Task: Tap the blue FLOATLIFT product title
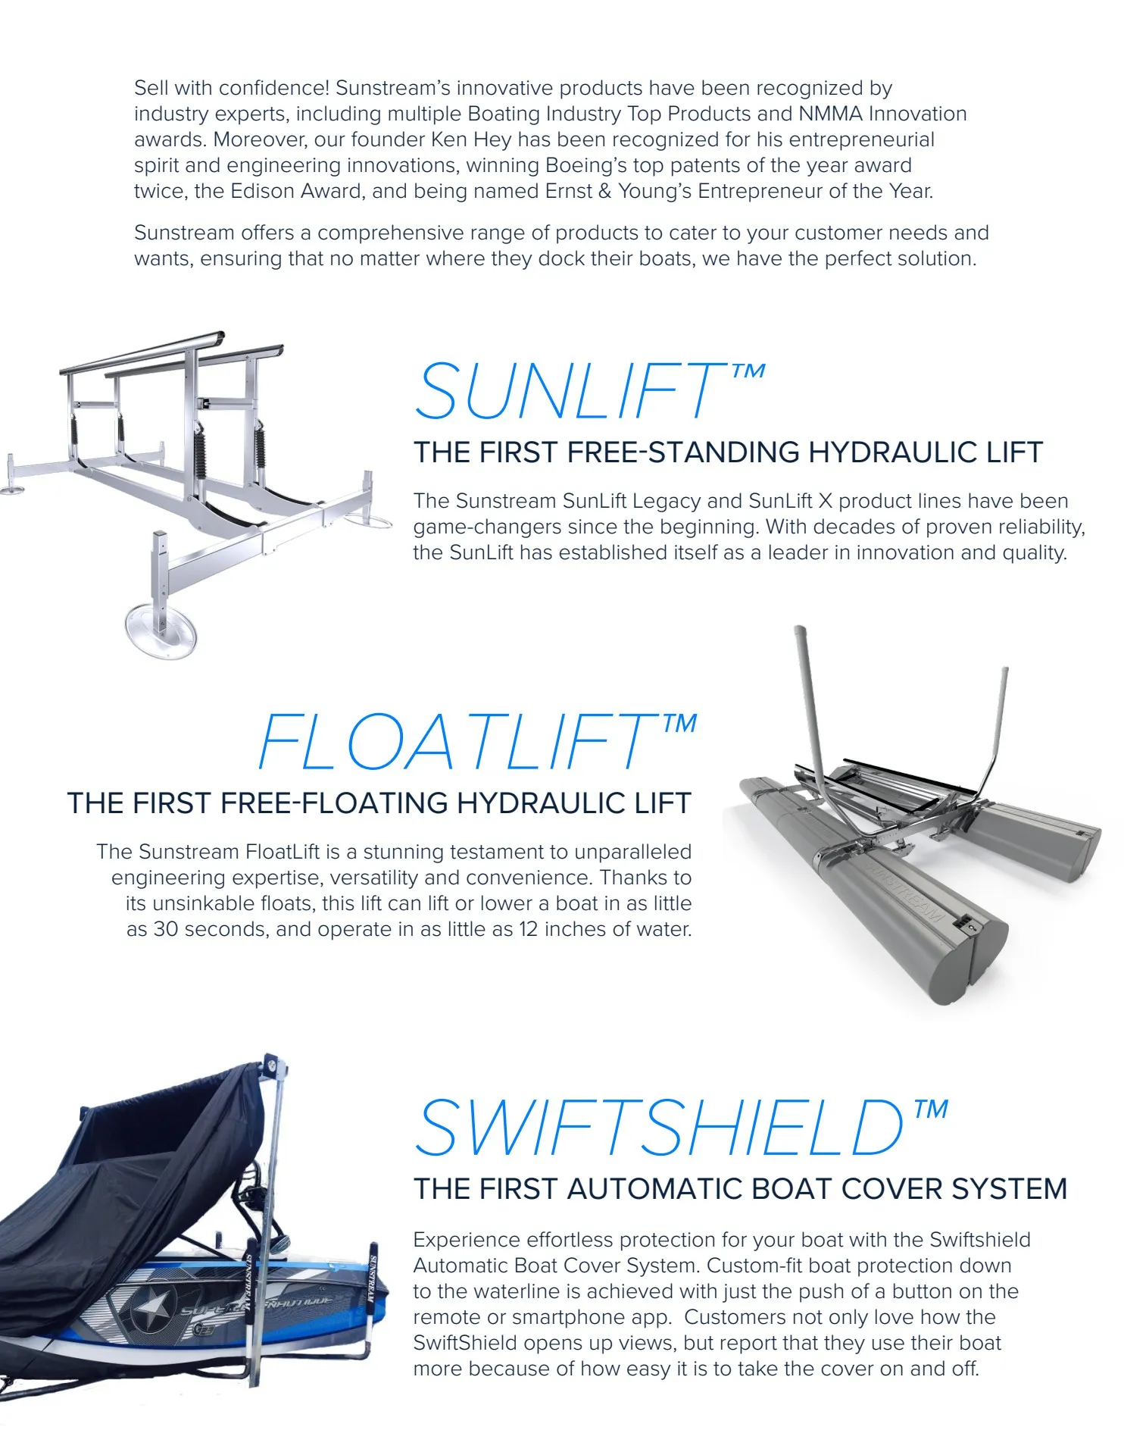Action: (x=458, y=743)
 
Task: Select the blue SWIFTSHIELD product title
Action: (x=659, y=1129)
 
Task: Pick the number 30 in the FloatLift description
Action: (x=166, y=929)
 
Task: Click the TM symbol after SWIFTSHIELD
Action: (x=931, y=1110)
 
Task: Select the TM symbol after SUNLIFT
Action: (x=748, y=371)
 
